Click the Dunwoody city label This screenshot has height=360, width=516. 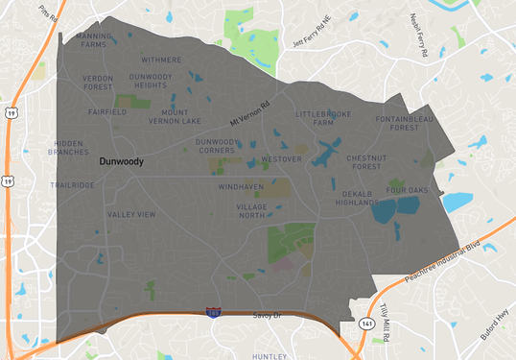(121, 161)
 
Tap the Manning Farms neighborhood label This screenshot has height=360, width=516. (93, 39)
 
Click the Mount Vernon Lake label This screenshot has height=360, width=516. (175, 116)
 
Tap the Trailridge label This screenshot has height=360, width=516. (73, 184)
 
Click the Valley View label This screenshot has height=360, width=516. (131, 214)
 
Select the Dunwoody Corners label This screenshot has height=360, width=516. (216, 146)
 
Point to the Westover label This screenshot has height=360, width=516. (281, 157)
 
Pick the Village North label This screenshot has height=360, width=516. (251, 211)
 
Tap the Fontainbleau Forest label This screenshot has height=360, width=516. (397, 123)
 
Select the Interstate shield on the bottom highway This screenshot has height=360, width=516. (212, 312)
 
